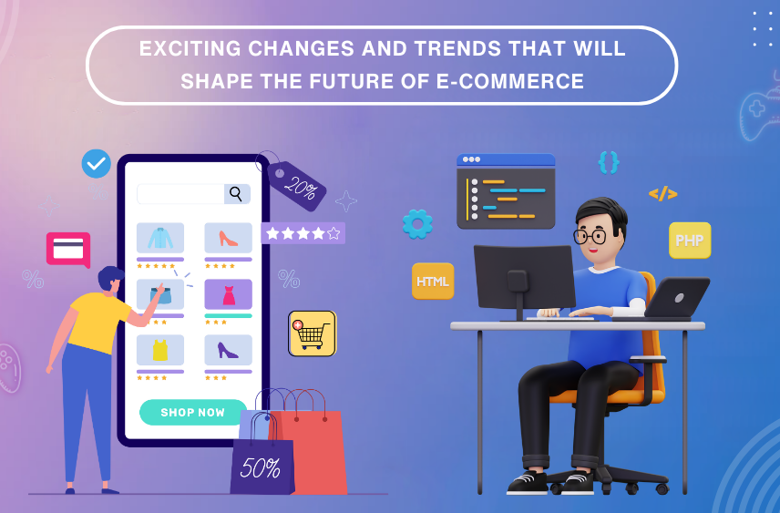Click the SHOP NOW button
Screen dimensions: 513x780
point(192,412)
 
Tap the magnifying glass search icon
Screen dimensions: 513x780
point(237,194)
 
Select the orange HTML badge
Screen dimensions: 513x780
point(433,282)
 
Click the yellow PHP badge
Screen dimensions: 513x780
point(690,241)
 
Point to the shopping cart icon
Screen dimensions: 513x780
point(312,333)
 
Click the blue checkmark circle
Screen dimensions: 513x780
point(96,164)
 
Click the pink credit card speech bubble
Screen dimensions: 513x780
point(68,249)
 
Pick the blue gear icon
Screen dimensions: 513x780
point(417,223)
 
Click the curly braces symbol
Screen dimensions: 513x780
point(609,162)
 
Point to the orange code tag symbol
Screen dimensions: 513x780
point(662,193)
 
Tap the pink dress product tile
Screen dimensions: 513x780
point(228,294)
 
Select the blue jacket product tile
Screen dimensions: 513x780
point(159,238)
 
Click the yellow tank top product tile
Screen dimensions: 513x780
point(159,350)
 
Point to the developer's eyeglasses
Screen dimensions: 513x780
point(590,236)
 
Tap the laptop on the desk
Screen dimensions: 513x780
point(676,297)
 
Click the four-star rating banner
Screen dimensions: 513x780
point(303,233)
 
